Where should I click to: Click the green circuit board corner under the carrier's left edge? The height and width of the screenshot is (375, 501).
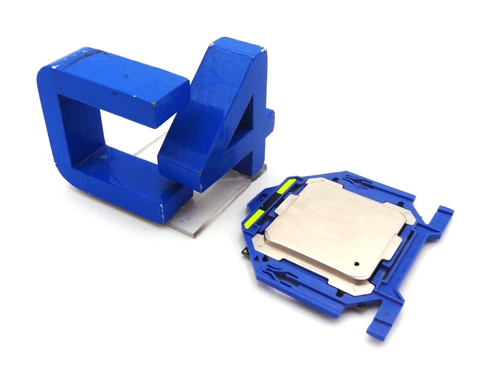click(245, 253)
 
